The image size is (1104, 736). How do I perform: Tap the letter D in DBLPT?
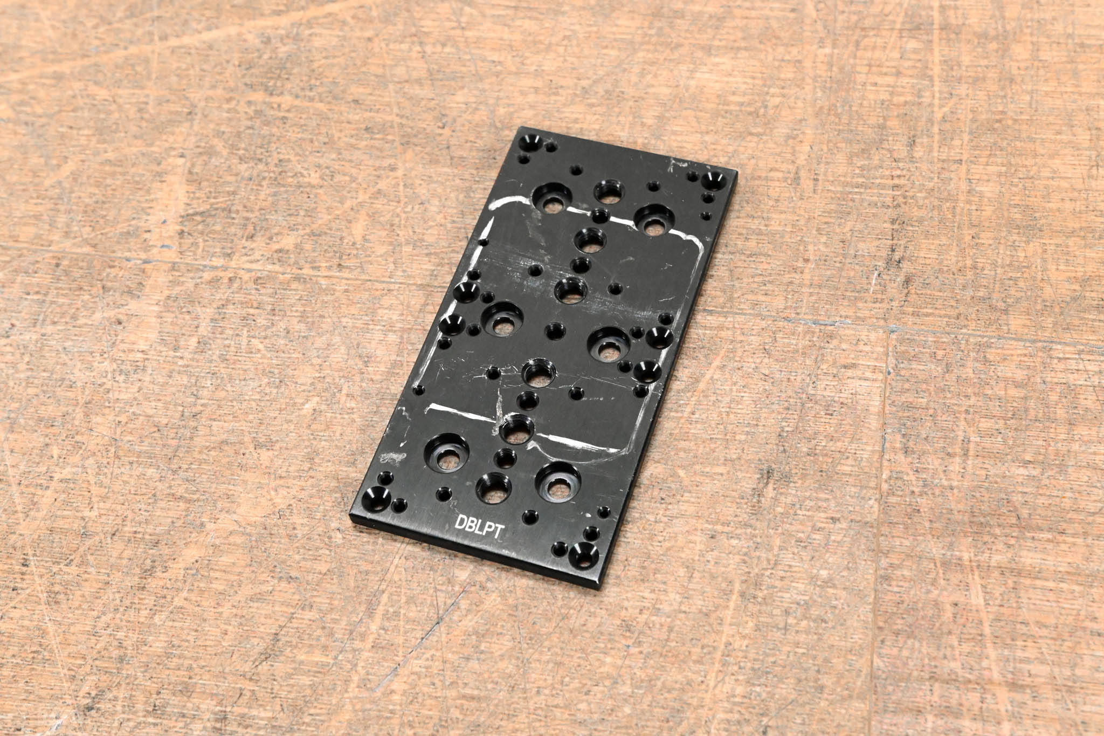pyautogui.click(x=460, y=522)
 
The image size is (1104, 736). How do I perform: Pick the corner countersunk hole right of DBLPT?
pyautogui.click(x=583, y=554)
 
